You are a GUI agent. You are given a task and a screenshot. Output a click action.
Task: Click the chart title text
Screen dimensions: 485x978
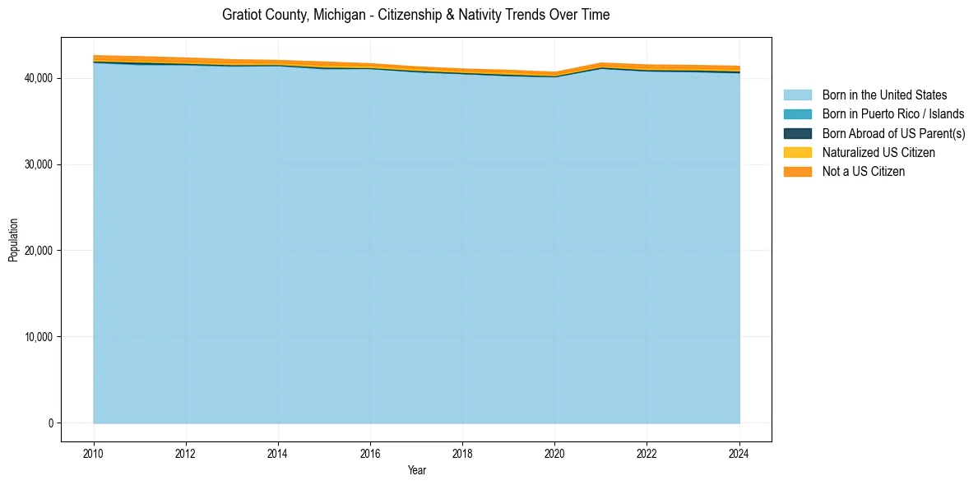click(415, 15)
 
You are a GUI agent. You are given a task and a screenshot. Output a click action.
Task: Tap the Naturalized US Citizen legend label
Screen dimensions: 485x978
click(878, 152)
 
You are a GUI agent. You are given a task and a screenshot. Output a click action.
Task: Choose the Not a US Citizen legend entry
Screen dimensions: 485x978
click(864, 171)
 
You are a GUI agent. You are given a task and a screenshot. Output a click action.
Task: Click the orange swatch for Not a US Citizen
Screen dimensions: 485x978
click(797, 171)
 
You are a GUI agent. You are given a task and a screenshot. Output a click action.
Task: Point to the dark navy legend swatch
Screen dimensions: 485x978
click(797, 133)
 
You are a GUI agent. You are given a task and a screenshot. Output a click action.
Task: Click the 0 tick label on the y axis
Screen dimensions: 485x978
click(50, 423)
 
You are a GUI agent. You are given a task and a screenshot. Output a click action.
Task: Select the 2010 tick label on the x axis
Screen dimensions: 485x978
click(94, 453)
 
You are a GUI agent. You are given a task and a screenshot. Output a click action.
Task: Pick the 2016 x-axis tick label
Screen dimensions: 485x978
click(370, 453)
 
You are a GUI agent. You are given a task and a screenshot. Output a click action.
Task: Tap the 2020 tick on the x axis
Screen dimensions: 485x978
click(554, 453)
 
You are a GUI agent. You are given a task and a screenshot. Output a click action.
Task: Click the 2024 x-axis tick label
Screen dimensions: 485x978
click(739, 453)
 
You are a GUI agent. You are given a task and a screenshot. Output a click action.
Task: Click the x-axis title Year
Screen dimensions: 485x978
click(416, 470)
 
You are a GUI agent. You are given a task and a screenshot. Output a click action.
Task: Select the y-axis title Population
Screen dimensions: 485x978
click(13, 239)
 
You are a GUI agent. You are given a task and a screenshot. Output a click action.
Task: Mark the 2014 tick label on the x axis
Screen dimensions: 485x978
click(278, 453)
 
